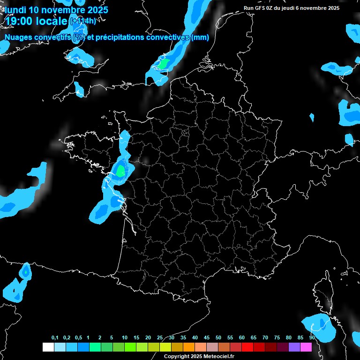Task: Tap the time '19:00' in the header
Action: click(x=21, y=21)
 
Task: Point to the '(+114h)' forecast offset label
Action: click(x=82, y=21)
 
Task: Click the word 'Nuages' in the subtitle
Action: click(x=18, y=37)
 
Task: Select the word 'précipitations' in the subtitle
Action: click(x=120, y=37)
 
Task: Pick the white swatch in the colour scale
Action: click(x=48, y=347)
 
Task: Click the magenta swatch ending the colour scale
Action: click(x=306, y=347)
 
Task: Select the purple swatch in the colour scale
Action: click(x=294, y=347)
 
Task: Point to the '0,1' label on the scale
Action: click(x=55, y=338)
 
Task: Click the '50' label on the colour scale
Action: click(x=218, y=338)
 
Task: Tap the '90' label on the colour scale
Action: click(x=312, y=338)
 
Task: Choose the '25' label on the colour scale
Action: click(x=160, y=338)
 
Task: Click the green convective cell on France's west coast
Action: click(x=120, y=171)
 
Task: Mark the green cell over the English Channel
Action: click(x=164, y=64)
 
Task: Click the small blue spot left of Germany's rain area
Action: click(x=312, y=117)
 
